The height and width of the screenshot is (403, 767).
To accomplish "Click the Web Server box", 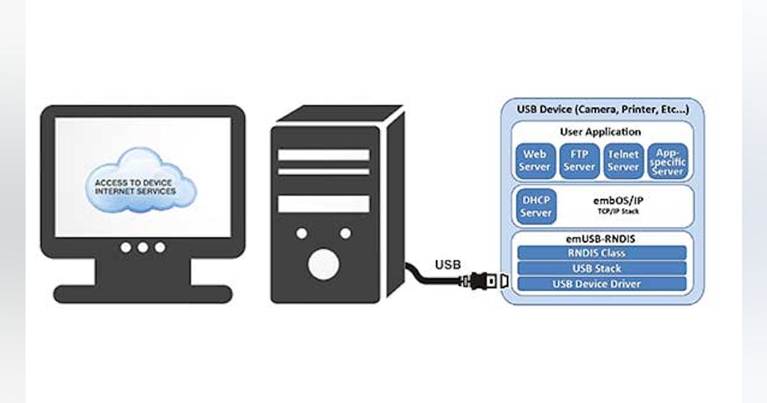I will pos(536,161).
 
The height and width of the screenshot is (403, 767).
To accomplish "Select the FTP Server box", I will pos(579,161).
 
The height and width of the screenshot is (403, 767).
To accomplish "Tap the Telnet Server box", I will pos(623,161).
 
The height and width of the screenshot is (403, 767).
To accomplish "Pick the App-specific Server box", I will pos(667,161).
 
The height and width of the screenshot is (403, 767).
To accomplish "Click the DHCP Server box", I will pos(536,207).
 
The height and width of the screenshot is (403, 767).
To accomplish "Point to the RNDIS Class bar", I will pos(601,253).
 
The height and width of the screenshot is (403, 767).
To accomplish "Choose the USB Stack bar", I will pos(601,268).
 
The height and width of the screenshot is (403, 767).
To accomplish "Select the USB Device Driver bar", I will pos(601,283).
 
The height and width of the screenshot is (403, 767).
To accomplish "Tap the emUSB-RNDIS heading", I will pos(600,239).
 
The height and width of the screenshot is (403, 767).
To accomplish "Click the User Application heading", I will pos(600,132).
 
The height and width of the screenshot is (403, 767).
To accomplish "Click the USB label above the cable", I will pos(447,264).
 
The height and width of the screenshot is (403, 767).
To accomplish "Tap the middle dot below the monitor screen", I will pos(143,247).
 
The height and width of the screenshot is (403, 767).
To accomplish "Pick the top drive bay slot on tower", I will pos(323,155).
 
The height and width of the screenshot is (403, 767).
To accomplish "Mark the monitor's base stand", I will pos(143,294).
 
